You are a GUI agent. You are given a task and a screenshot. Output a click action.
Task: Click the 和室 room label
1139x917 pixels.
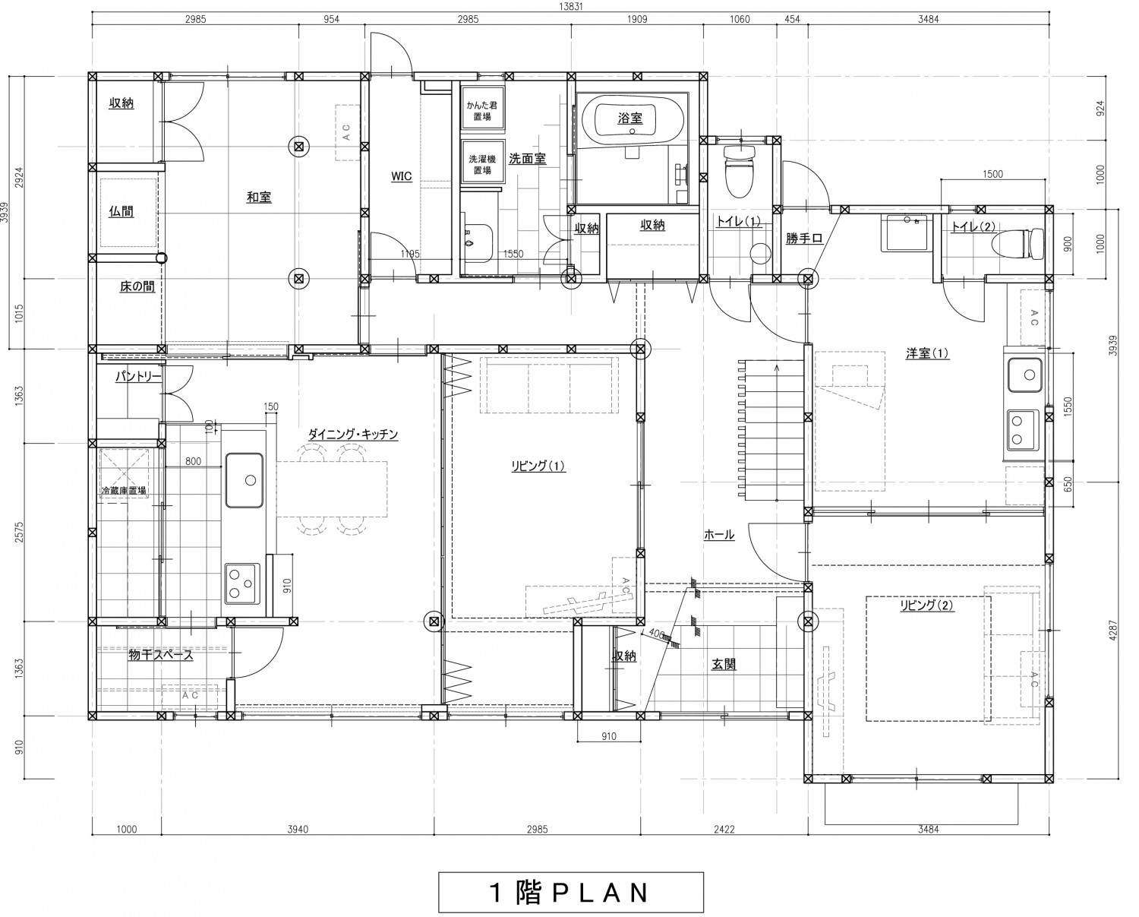pyautogui.click(x=259, y=198)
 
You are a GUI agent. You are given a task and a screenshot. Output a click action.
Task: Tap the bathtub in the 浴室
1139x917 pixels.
pyautogui.click(x=629, y=119)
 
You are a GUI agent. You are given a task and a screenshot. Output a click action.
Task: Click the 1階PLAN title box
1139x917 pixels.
pyautogui.click(x=570, y=892)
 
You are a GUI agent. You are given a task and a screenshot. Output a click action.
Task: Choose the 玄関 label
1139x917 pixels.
pyautogui.click(x=723, y=664)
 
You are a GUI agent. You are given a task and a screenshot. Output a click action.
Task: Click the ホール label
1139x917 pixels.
pyautogui.click(x=718, y=535)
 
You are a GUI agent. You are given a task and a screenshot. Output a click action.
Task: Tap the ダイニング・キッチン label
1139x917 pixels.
pyautogui.click(x=352, y=434)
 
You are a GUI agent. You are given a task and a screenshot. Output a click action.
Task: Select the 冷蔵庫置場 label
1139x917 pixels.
pyautogui.click(x=125, y=491)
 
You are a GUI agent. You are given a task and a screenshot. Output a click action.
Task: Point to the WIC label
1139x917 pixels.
pyautogui.click(x=401, y=176)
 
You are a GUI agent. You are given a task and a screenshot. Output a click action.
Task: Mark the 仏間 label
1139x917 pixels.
pyautogui.click(x=121, y=212)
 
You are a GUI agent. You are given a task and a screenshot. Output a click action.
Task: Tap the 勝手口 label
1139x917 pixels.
pyautogui.click(x=804, y=239)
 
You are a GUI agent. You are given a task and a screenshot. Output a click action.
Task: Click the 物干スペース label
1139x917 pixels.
pyautogui.click(x=160, y=655)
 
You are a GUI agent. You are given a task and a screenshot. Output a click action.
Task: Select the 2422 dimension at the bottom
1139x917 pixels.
pyautogui.click(x=723, y=829)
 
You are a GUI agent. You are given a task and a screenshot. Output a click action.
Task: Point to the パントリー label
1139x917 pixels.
pyautogui.click(x=138, y=376)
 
